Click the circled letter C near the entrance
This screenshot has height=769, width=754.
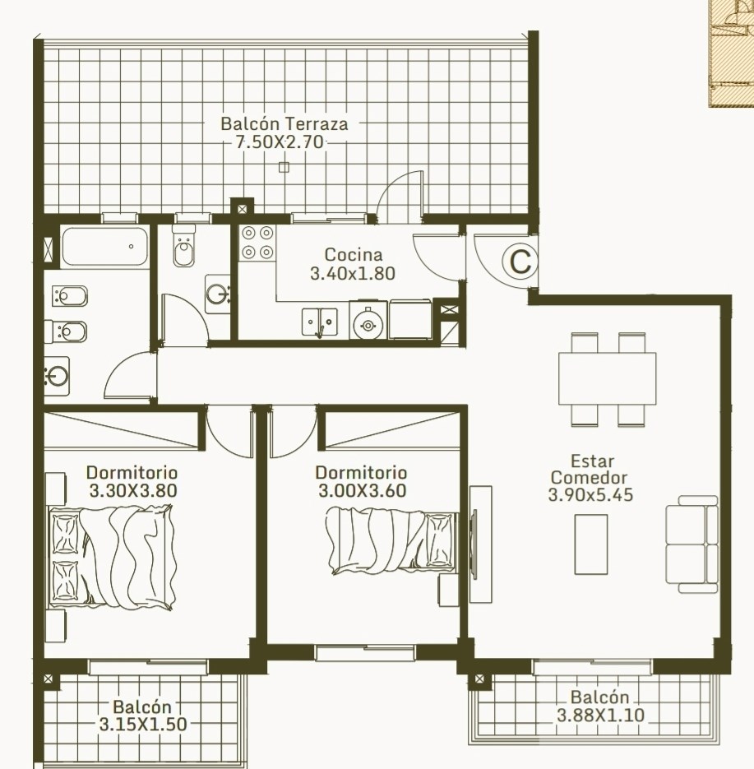(520, 262)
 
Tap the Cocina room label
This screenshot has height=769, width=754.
(353, 254)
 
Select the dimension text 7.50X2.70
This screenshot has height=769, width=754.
(280, 142)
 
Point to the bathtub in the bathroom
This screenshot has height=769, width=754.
(105, 247)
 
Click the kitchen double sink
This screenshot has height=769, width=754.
(319, 322)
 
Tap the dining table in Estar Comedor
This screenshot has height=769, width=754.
(607, 378)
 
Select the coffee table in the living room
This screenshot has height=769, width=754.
(590, 544)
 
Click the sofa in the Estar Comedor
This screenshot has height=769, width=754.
(692, 544)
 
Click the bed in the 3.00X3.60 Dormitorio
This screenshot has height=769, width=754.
(391, 541)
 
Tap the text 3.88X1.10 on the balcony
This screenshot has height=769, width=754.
(600, 715)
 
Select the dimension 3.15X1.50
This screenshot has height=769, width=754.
(143, 725)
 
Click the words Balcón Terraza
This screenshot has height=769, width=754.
(284, 123)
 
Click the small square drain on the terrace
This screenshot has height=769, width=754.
(284, 168)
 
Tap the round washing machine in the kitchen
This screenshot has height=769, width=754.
(368, 324)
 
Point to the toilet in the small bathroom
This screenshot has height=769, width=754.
(183, 247)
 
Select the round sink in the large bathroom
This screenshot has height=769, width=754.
(57, 377)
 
